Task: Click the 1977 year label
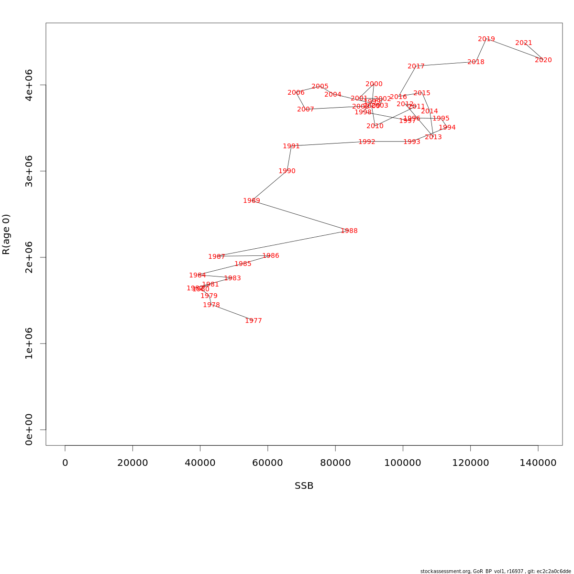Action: coord(254,320)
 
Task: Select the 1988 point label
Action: coord(349,231)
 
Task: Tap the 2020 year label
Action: coord(543,60)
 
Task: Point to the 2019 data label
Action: coord(486,39)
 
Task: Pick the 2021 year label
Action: coord(524,43)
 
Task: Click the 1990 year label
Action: coord(287,171)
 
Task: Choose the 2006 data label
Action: coord(296,92)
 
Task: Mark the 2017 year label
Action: coord(416,66)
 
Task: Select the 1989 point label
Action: coord(252,200)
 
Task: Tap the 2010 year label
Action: coord(375,126)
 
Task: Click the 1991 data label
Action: coord(291,146)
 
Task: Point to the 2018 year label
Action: coord(476,62)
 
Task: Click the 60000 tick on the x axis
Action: coord(268,463)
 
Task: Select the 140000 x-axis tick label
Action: coord(538,463)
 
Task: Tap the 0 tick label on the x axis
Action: coord(65,463)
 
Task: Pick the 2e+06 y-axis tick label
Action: coord(29,257)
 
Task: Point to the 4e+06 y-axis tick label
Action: coord(29,85)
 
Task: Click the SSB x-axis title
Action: coord(304,486)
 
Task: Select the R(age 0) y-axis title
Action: coord(6,234)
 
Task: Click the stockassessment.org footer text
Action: coord(496,571)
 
